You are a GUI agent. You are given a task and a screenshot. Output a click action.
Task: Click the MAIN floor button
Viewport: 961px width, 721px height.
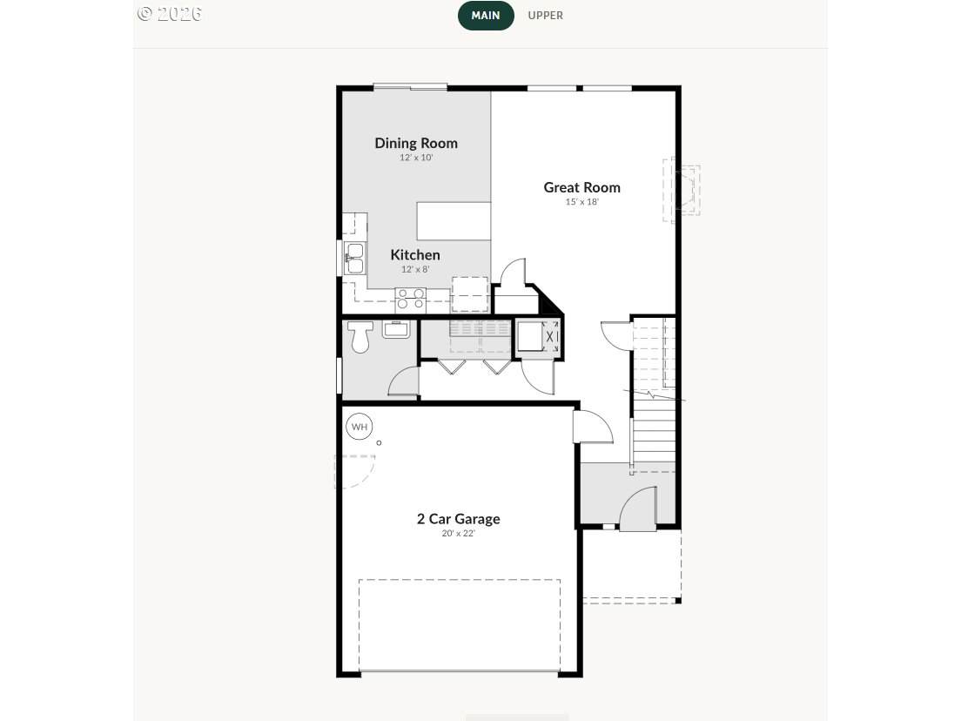(486, 16)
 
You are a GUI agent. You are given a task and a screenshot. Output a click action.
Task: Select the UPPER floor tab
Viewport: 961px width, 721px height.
(546, 16)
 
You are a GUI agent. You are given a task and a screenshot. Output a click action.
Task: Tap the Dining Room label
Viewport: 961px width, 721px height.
(416, 143)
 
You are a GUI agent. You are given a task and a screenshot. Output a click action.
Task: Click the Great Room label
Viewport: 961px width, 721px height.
(581, 187)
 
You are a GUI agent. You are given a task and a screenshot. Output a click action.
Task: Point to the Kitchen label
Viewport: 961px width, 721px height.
(415, 254)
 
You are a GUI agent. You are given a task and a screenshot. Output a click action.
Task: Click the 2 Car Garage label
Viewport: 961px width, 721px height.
(459, 519)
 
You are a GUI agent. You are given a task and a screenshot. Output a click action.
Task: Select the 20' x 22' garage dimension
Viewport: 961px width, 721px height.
(459, 534)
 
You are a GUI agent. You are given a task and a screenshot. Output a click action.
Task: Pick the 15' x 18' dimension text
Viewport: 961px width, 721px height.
(581, 202)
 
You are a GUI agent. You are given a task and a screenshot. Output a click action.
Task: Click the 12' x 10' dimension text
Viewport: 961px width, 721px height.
(416, 158)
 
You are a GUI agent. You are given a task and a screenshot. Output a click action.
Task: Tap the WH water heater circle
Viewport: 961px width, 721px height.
(360, 427)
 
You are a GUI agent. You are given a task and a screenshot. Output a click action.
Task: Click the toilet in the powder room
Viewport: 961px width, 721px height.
(360, 337)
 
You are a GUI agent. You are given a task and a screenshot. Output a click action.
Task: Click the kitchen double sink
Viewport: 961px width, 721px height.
(353, 258)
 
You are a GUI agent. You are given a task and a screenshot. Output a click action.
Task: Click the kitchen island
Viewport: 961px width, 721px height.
(454, 220)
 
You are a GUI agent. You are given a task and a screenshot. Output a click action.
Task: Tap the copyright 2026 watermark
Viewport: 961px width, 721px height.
(170, 13)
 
